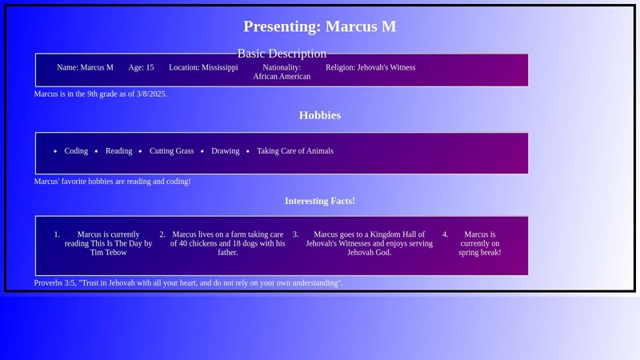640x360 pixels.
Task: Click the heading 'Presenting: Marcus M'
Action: (319, 26)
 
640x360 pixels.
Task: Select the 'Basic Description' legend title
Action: (282, 54)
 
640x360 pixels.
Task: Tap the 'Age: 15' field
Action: (141, 68)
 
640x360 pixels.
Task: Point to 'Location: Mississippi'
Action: (203, 68)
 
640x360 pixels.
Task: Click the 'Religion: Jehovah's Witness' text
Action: (370, 68)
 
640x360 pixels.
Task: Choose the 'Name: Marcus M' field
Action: (85, 68)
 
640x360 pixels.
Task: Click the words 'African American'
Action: (282, 77)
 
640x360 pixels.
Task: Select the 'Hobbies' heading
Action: (319, 115)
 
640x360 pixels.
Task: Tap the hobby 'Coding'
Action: (76, 151)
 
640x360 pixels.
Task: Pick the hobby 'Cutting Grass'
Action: (171, 151)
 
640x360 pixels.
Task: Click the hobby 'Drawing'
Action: (225, 151)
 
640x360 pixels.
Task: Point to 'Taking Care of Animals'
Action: (295, 151)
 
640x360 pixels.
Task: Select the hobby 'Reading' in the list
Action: (118, 151)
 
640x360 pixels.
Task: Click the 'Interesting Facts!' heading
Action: (319, 201)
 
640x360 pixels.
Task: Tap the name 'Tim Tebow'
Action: (108, 253)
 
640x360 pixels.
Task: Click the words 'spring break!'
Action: (480, 253)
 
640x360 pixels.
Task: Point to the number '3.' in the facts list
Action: (295, 235)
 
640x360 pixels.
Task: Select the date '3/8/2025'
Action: (150, 94)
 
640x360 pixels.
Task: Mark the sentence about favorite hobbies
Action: (112, 182)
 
